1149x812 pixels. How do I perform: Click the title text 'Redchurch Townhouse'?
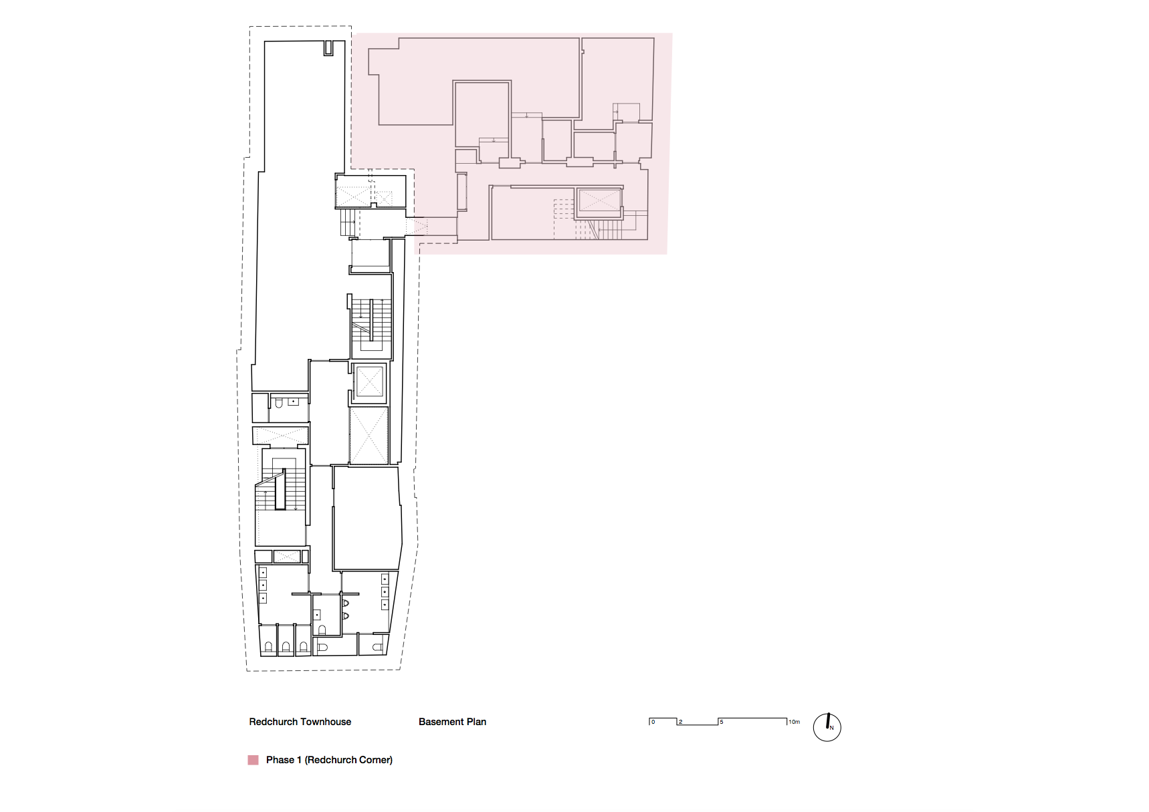pyautogui.click(x=300, y=722)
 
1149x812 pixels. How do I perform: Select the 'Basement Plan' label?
pyautogui.click(x=452, y=722)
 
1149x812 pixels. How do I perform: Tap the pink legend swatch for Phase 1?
pyautogui.click(x=253, y=760)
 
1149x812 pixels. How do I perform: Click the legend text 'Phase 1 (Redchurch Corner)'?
pyautogui.click(x=329, y=760)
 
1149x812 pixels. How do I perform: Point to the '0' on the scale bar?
pyautogui.click(x=653, y=722)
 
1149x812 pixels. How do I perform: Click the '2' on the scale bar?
pyautogui.click(x=681, y=722)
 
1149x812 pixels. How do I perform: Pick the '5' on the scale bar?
pyautogui.click(x=722, y=722)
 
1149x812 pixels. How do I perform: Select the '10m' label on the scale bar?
pyautogui.click(x=795, y=722)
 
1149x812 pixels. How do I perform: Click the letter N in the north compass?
pyautogui.click(x=832, y=728)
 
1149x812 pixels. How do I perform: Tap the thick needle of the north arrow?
pyautogui.click(x=828, y=721)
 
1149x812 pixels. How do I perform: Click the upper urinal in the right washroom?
pyautogui.click(x=346, y=603)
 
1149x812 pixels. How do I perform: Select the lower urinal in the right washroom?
pyautogui.click(x=346, y=616)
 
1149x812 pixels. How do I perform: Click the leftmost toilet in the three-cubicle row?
pyautogui.click(x=268, y=647)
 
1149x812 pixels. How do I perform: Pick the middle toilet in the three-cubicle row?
pyautogui.click(x=286, y=647)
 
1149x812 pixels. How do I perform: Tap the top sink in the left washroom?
pyautogui.click(x=263, y=573)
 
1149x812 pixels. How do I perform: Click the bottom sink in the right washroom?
pyautogui.click(x=385, y=604)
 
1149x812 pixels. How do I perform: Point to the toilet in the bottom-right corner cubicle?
pyautogui.click(x=378, y=647)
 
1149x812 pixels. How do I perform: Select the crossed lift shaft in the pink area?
pyautogui.click(x=599, y=200)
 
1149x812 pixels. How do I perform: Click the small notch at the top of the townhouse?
pyautogui.click(x=328, y=48)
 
